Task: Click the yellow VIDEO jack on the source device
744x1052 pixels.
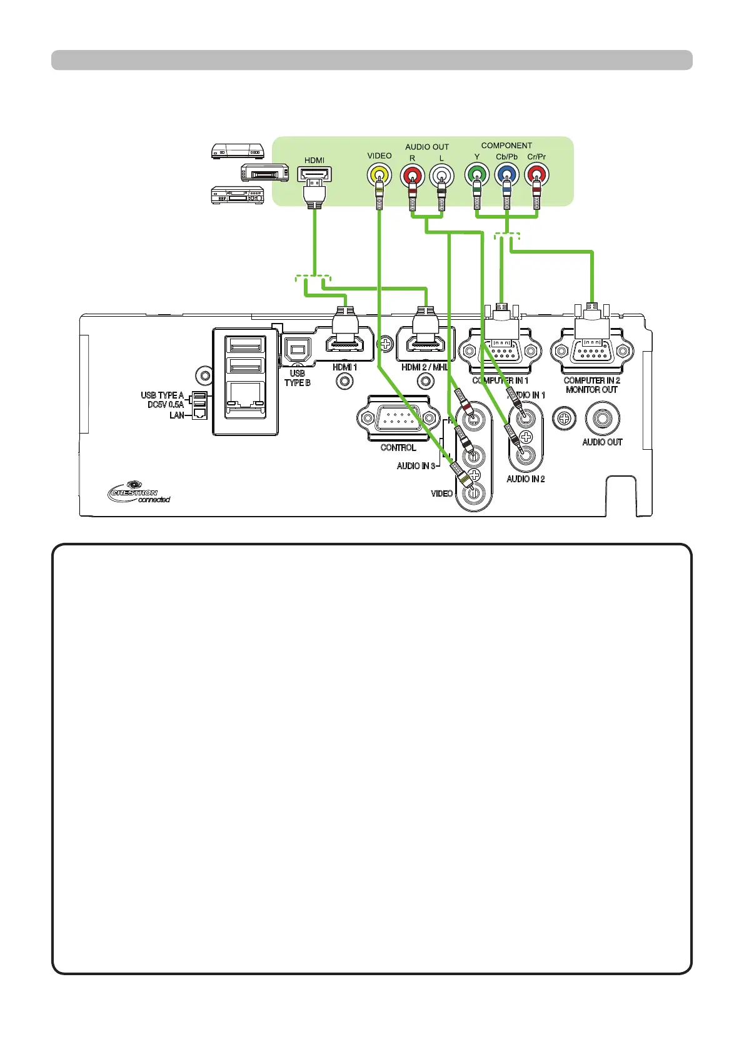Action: point(379,174)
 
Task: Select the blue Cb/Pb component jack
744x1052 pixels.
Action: point(506,174)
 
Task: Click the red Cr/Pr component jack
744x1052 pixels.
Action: point(536,174)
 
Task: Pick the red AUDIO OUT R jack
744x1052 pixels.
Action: point(412,174)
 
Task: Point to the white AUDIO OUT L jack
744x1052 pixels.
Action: point(441,174)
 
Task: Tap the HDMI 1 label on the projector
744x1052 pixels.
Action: point(344,367)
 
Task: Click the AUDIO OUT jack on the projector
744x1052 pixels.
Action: point(601,417)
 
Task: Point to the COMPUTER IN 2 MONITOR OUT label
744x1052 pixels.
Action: point(591,385)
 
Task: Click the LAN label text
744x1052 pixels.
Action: point(177,415)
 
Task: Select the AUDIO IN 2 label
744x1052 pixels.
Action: point(525,479)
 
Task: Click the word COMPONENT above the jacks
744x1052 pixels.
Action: point(506,146)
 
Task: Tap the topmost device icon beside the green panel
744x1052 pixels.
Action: point(238,151)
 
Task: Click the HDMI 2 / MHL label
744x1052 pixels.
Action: point(425,367)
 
